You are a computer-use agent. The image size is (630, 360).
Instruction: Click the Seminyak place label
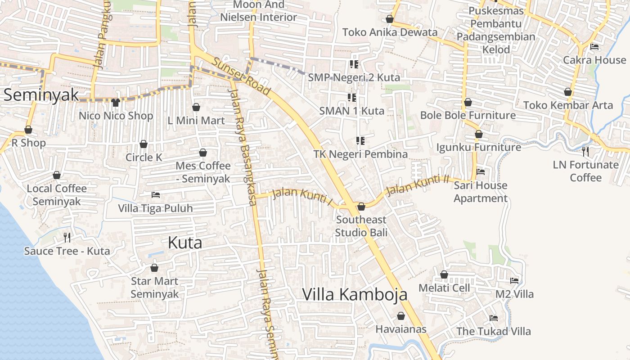click(x=41, y=95)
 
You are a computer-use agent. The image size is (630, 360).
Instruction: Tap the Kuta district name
click(x=184, y=243)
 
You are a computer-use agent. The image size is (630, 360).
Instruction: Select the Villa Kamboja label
click(x=355, y=294)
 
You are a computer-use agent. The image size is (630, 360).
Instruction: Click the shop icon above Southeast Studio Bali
click(x=361, y=207)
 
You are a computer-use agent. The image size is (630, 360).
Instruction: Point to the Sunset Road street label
click(x=242, y=76)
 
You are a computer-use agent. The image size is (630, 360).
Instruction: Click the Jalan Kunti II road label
click(x=418, y=185)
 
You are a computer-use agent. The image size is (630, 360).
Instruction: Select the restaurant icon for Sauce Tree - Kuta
click(x=67, y=237)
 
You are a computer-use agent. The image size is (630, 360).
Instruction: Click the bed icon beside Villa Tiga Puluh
click(x=156, y=195)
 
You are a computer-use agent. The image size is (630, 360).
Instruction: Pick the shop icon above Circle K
click(x=144, y=144)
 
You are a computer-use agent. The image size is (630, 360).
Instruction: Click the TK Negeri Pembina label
click(x=360, y=154)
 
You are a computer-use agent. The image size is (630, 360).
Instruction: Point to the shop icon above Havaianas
click(x=400, y=316)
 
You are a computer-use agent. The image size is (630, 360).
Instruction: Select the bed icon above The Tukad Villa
click(x=494, y=318)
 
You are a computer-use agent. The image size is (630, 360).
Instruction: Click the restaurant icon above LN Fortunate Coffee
click(x=585, y=151)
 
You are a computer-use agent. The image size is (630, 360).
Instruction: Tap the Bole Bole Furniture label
click(x=468, y=115)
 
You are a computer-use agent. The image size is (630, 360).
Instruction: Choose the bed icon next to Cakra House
click(x=594, y=46)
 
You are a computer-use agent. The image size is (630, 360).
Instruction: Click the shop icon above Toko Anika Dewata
click(x=390, y=19)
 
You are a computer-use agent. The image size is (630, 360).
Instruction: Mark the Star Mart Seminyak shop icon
click(x=154, y=268)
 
